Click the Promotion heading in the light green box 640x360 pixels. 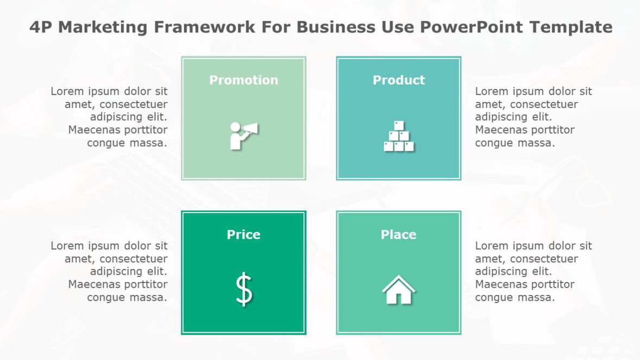click(x=244, y=80)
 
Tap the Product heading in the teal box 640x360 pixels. click(x=399, y=80)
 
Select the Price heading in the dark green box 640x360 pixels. click(x=244, y=235)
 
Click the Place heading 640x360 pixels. click(x=399, y=235)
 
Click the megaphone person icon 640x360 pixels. click(x=244, y=135)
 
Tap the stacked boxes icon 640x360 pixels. click(x=399, y=136)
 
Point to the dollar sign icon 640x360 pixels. click(x=244, y=290)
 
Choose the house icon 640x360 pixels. click(x=399, y=290)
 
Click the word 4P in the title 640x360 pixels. click(x=41, y=27)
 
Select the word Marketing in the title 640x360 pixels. click(x=103, y=27)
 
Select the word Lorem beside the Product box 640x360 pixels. click(x=491, y=92)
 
